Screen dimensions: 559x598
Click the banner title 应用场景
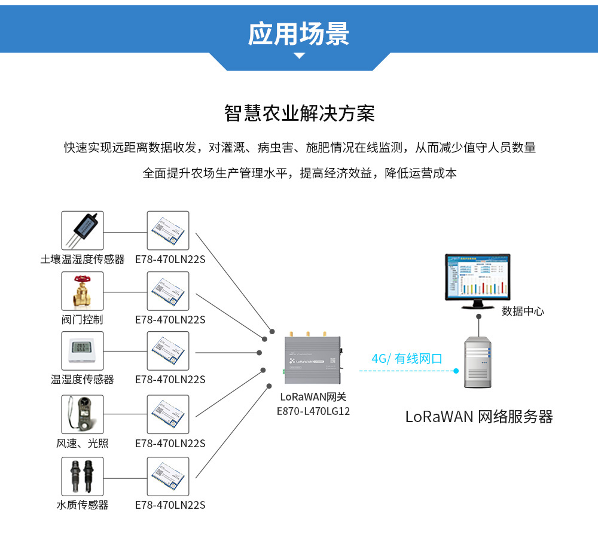(299, 34)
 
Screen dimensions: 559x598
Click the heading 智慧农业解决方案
(299, 113)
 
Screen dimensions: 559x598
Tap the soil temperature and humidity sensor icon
(83, 231)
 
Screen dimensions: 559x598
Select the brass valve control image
(83, 291)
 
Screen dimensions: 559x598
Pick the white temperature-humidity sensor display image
(83, 352)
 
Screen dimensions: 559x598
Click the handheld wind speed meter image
(83, 414)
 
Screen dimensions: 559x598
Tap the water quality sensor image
(83, 476)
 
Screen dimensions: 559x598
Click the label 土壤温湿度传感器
(83, 259)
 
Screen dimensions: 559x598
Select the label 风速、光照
(83, 443)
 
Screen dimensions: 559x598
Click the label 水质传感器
(83, 505)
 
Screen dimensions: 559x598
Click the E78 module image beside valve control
(168, 291)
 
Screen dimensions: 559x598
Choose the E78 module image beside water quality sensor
(168, 476)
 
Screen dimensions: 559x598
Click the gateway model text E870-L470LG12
(313, 411)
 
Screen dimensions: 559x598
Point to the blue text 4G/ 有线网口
(407, 359)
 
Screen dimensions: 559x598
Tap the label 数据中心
(522, 311)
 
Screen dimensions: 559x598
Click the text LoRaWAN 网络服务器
(479, 417)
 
